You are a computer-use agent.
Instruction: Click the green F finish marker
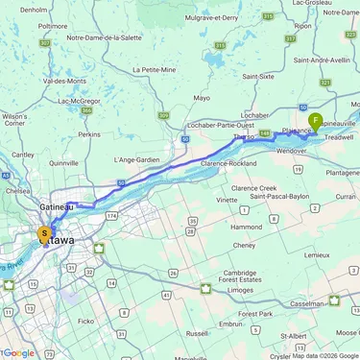click(x=315, y=121)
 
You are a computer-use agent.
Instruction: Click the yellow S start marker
click(x=43, y=233)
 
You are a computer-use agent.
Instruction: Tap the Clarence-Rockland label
click(x=233, y=163)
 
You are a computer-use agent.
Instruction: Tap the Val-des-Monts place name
click(x=64, y=81)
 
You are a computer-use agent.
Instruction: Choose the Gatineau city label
click(x=59, y=207)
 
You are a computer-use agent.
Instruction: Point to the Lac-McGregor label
click(x=79, y=101)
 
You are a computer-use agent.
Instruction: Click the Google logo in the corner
click(x=17, y=352)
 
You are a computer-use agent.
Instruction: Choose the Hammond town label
click(x=247, y=227)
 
